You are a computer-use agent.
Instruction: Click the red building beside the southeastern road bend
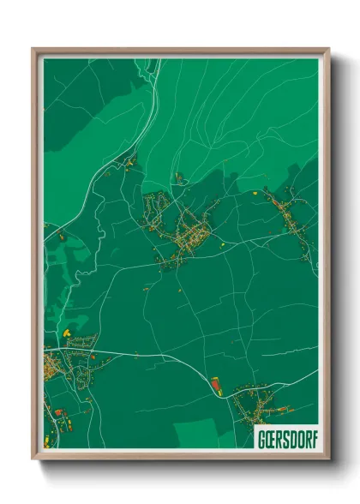(215, 381)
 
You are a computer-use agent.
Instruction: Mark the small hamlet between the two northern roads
(178, 178)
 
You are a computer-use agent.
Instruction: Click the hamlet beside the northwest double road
(131, 160)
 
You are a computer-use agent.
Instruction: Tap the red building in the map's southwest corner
(58, 412)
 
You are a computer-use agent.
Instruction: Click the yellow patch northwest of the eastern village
(256, 195)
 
